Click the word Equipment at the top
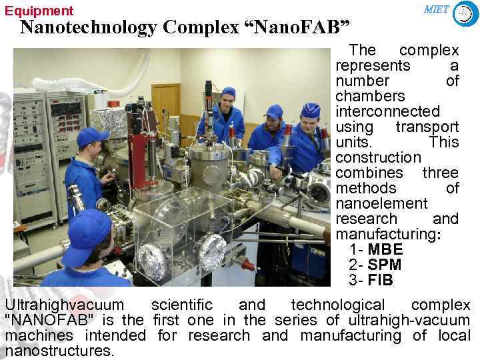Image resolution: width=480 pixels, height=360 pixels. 39,11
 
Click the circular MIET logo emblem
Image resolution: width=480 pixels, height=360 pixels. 465,13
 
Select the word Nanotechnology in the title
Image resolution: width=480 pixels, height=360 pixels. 87,28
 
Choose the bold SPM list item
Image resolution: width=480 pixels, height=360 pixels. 385,265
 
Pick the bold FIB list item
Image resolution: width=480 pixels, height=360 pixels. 380,280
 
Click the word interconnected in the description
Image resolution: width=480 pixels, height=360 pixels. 387,111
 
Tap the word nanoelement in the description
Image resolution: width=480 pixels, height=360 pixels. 381,203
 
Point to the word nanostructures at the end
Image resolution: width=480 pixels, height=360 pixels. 59,351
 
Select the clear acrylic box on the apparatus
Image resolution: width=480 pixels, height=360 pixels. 173,227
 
